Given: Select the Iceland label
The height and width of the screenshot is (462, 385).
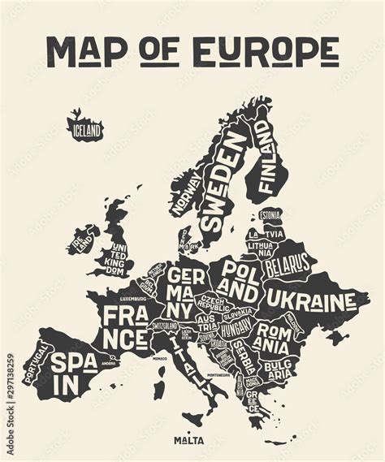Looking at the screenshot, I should coord(86,129).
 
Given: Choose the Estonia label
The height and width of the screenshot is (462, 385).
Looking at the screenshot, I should coord(270,215).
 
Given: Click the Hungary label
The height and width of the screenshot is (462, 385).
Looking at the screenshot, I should coord(236,329).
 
